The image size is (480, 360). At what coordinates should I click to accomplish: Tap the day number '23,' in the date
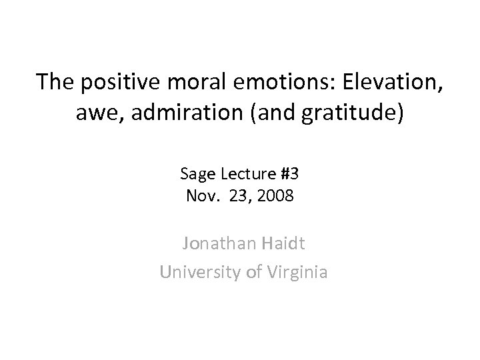pos(240,197)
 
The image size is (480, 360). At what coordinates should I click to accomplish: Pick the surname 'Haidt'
pos(281,245)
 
